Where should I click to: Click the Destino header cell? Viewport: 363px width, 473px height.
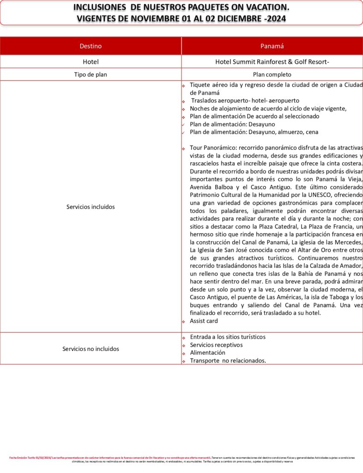[x=91, y=46]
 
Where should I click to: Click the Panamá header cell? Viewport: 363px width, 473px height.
[x=272, y=46]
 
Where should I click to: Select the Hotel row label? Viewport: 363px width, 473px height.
[x=91, y=61]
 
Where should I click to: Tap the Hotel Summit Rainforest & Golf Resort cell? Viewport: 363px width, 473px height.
[x=272, y=61]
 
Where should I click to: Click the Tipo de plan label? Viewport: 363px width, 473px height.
[x=91, y=74]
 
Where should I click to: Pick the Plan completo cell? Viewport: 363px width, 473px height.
[x=272, y=74]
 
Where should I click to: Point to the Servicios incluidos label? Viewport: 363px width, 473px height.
[x=91, y=207]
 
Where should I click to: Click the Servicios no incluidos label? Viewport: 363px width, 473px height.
[x=91, y=349]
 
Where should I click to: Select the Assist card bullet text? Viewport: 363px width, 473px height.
[x=204, y=321]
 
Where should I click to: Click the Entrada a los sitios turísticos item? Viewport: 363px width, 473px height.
[x=228, y=337]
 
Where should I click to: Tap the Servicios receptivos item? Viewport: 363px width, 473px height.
[x=216, y=345]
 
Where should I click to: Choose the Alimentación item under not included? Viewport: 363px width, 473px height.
[x=208, y=352]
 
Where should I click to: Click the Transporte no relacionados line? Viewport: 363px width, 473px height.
[x=228, y=360]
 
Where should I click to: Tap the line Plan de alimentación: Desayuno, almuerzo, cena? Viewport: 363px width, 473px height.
[x=254, y=132]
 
